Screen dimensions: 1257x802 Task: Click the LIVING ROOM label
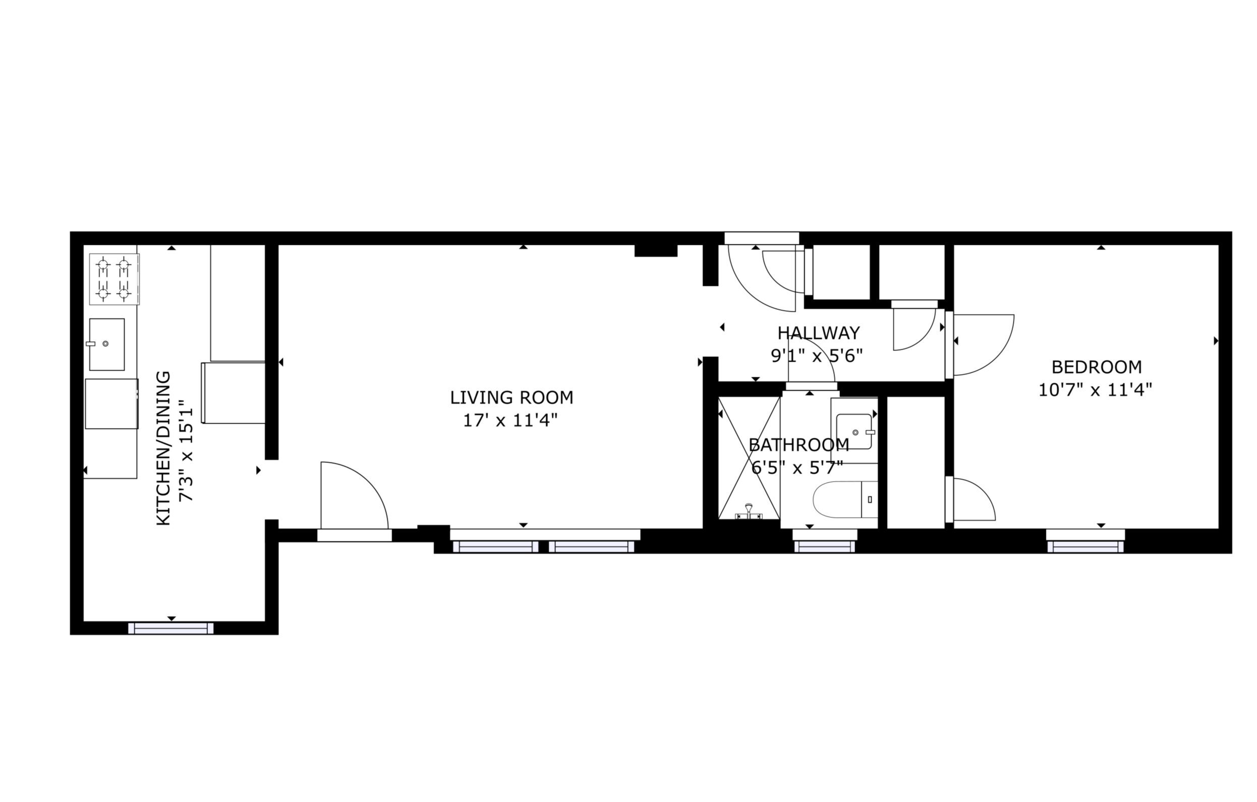pyautogui.click(x=511, y=398)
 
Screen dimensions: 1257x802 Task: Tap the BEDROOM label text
pyautogui.click(x=1096, y=367)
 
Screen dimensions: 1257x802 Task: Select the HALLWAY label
pyautogui.click(x=819, y=333)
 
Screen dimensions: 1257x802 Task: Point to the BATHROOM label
pyautogui.click(x=798, y=445)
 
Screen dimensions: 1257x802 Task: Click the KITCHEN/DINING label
pyautogui.click(x=164, y=448)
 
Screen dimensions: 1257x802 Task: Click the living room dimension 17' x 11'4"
pyautogui.click(x=510, y=420)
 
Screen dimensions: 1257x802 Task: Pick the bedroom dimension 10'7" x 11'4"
pyautogui.click(x=1095, y=389)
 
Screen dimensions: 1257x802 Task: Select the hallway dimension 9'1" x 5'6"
pyautogui.click(x=817, y=356)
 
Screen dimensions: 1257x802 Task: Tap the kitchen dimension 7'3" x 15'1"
pyautogui.click(x=186, y=450)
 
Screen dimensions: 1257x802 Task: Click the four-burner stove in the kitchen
pyautogui.click(x=115, y=279)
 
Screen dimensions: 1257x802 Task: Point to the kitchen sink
pyautogui.click(x=106, y=344)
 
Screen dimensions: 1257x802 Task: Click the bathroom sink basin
pyautogui.click(x=854, y=431)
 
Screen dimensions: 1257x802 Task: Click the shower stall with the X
pyautogui.click(x=749, y=458)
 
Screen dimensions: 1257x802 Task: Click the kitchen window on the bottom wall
pyautogui.click(x=170, y=628)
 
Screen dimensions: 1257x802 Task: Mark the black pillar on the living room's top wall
pyautogui.click(x=656, y=251)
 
